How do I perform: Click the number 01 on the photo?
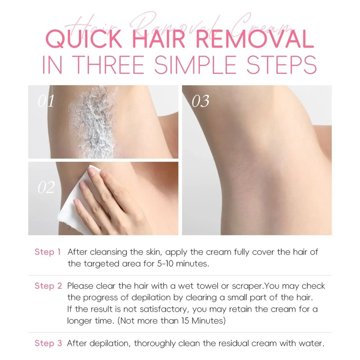(46, 101)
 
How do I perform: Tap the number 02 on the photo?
(46, 188)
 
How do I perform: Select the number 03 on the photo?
(200, 101)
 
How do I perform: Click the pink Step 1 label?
(48, 252)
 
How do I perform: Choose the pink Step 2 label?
(48, 286)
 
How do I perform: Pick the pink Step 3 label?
(48, 343)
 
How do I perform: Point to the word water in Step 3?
(311, 343)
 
